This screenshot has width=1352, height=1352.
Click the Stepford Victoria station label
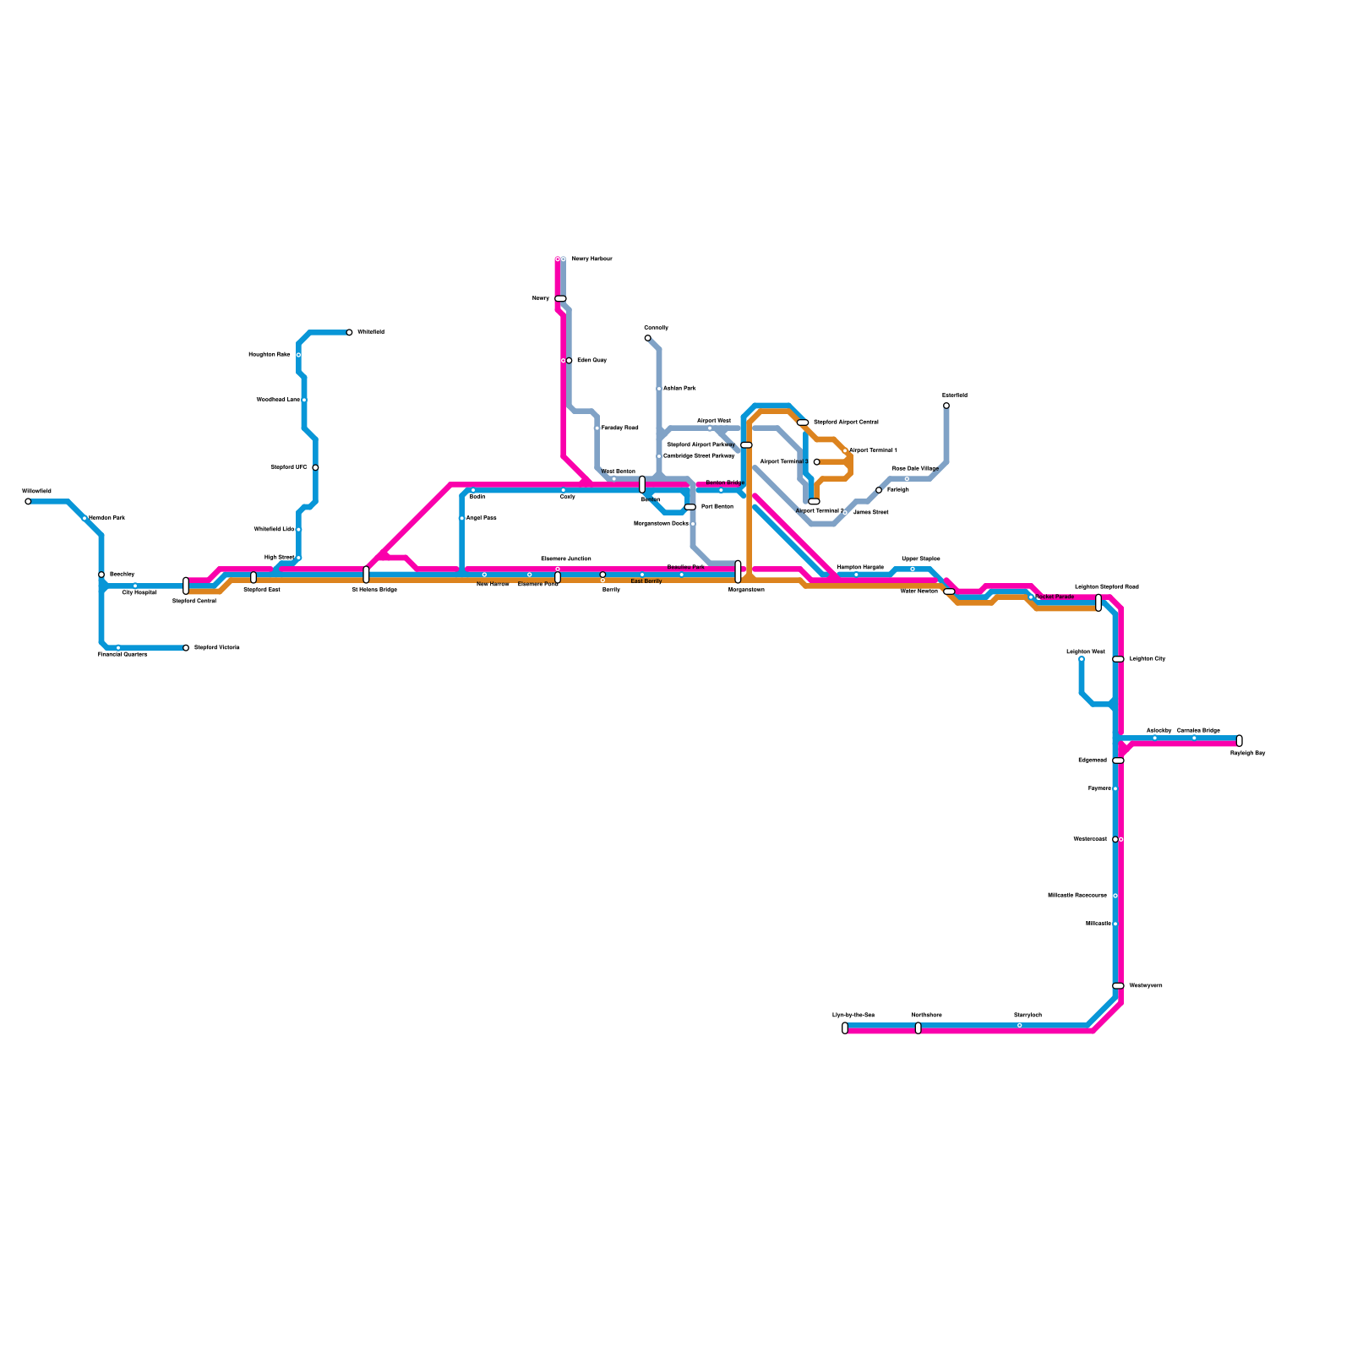(216, 648)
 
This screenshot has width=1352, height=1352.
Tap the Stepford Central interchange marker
(186, 586)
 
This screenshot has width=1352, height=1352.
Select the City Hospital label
(139, 593)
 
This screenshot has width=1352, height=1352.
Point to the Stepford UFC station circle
(315, 467)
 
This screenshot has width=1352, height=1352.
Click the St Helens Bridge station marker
(366, 575)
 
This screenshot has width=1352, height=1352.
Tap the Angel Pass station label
(481, 518)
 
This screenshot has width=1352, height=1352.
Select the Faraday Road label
(619, 428)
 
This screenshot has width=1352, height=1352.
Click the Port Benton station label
(717, 507)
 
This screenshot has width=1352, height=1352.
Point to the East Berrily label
(646, 581)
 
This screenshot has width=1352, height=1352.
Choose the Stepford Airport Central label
(846, 422)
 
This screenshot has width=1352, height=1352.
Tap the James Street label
(870, 512)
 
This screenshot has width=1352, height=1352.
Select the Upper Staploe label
(920, 559)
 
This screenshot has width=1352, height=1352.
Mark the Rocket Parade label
(1054, 597)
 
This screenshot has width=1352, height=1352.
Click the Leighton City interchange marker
(1118, 659)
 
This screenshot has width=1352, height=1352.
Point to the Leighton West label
(1085, 652)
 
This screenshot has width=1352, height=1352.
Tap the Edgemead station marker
(1118, 760)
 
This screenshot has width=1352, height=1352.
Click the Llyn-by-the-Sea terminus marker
(845, 1028)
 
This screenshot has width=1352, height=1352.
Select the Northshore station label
(926, 1015)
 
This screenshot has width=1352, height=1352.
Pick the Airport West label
(713, 421)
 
